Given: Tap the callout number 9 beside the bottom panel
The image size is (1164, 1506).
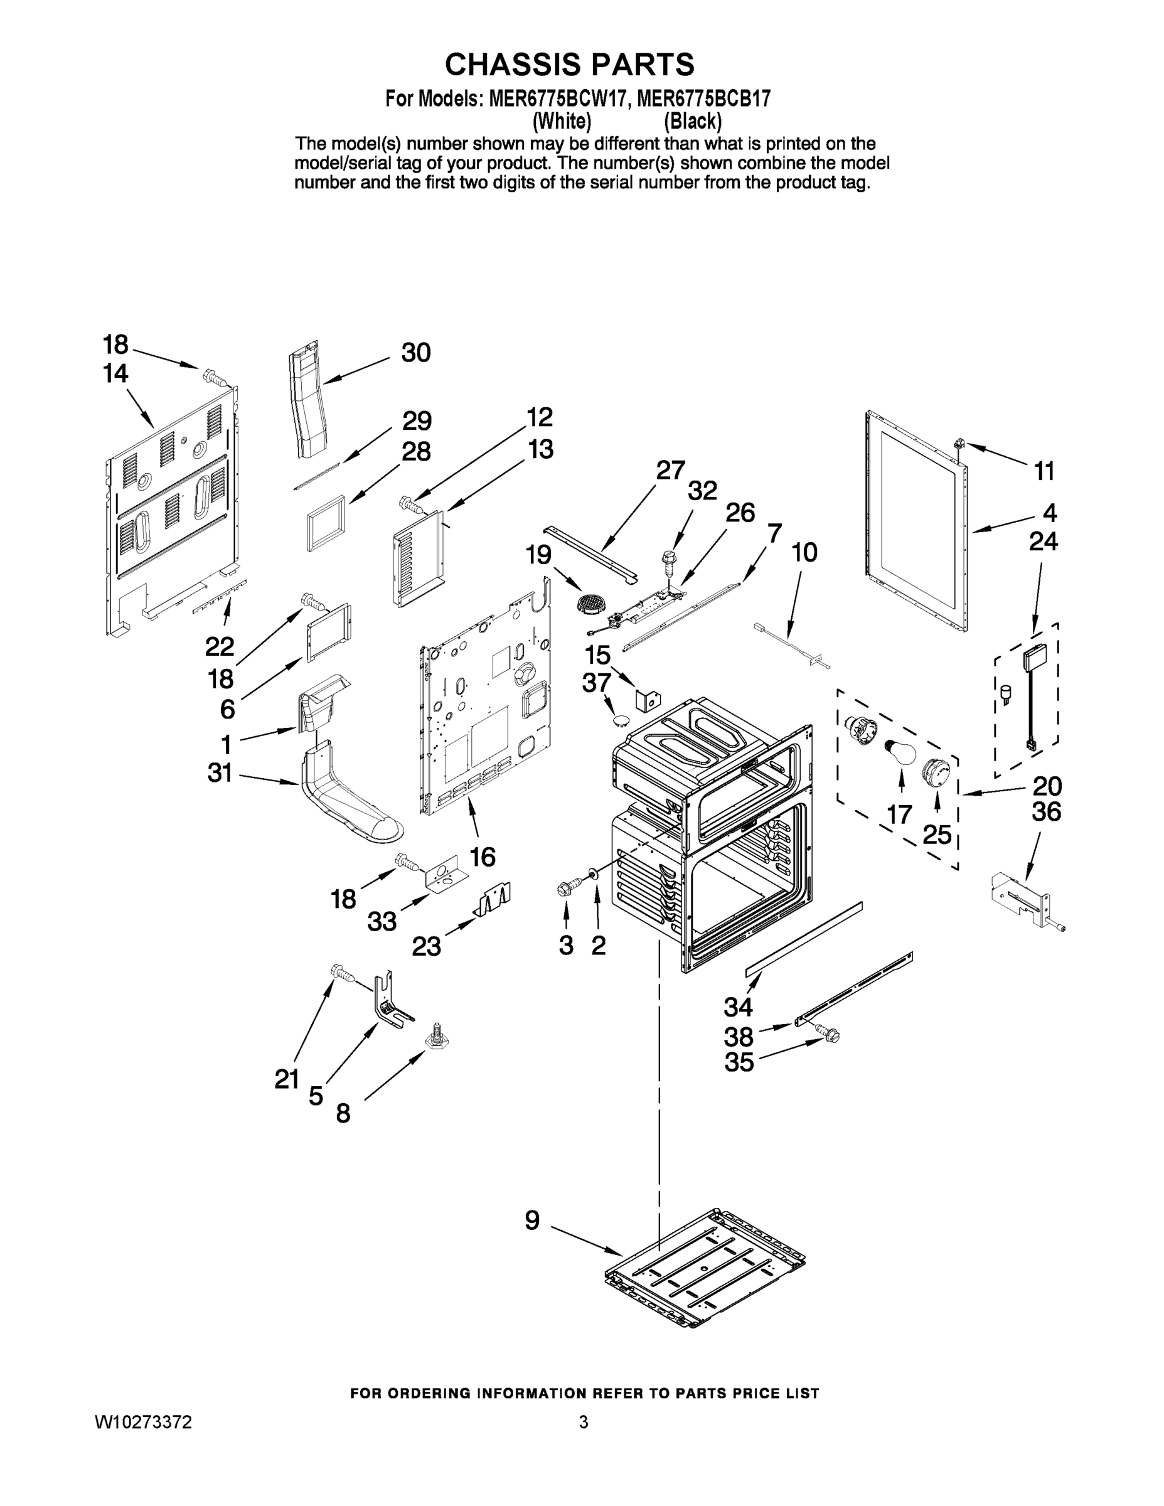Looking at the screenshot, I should (x=532, y=1220).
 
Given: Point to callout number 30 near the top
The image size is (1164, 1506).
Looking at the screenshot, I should (x=416, y=353).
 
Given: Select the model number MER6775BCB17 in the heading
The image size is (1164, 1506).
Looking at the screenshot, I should (x=703, y=99).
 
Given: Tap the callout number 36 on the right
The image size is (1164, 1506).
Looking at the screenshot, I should (x=1046, y=813).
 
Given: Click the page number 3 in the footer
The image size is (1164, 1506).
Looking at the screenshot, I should (x=584, y=1422).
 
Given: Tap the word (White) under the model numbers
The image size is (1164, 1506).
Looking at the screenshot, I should (x=562, y=121).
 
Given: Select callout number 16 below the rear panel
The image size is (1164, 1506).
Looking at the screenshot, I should (x=483, y=857).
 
